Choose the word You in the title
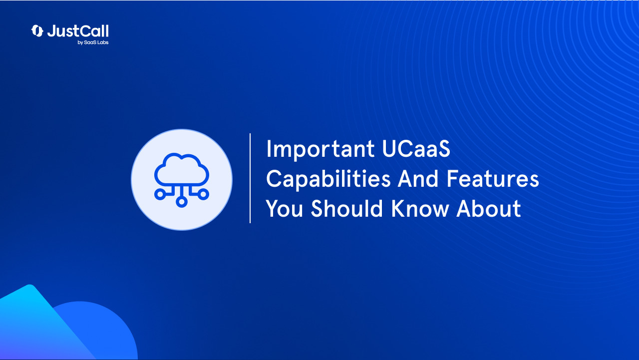coord(284,209)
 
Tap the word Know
coord(420,209)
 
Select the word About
coord(489,209)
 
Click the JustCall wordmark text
coord(78,31)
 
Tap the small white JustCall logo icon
coord(37,31)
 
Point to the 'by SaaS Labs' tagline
coord(93,42)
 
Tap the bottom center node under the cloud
coord(182,201)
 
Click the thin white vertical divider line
coord(250,178)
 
